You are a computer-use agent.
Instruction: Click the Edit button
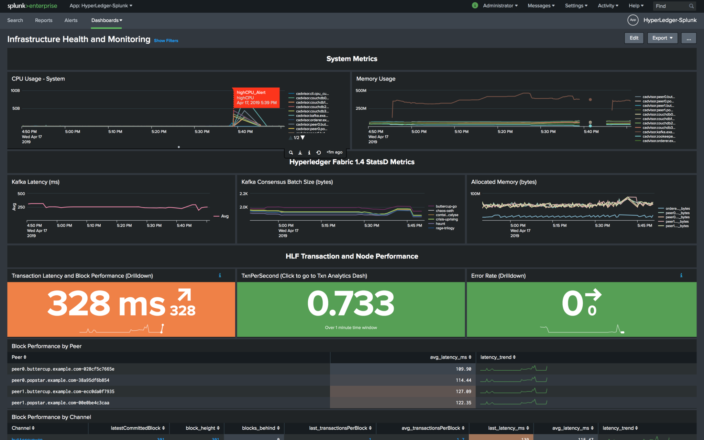(634, 38)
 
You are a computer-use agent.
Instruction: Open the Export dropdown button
(662, 38)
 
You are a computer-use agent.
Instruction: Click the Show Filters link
(166, 41)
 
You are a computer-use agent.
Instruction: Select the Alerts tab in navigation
(71, 20)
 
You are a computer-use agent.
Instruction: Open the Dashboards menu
(107, 20)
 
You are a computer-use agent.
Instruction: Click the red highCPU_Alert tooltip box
(256, 98)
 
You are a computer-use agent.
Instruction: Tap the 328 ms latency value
(107, 304)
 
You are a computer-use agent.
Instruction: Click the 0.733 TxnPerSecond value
(351, 304)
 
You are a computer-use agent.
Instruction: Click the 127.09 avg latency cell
(463, 392)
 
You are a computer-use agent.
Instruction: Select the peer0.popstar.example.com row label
(60, 380)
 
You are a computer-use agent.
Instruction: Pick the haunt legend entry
(440, 224)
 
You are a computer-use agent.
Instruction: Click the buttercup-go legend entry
(446, 207)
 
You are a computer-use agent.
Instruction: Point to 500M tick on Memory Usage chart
(361, 91)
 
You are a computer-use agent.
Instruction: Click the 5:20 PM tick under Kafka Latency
(124, 225)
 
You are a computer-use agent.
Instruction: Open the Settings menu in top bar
(576, 6)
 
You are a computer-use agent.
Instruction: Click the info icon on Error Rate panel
(681, 275)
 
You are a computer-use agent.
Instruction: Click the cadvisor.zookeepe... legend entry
(658, 136)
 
